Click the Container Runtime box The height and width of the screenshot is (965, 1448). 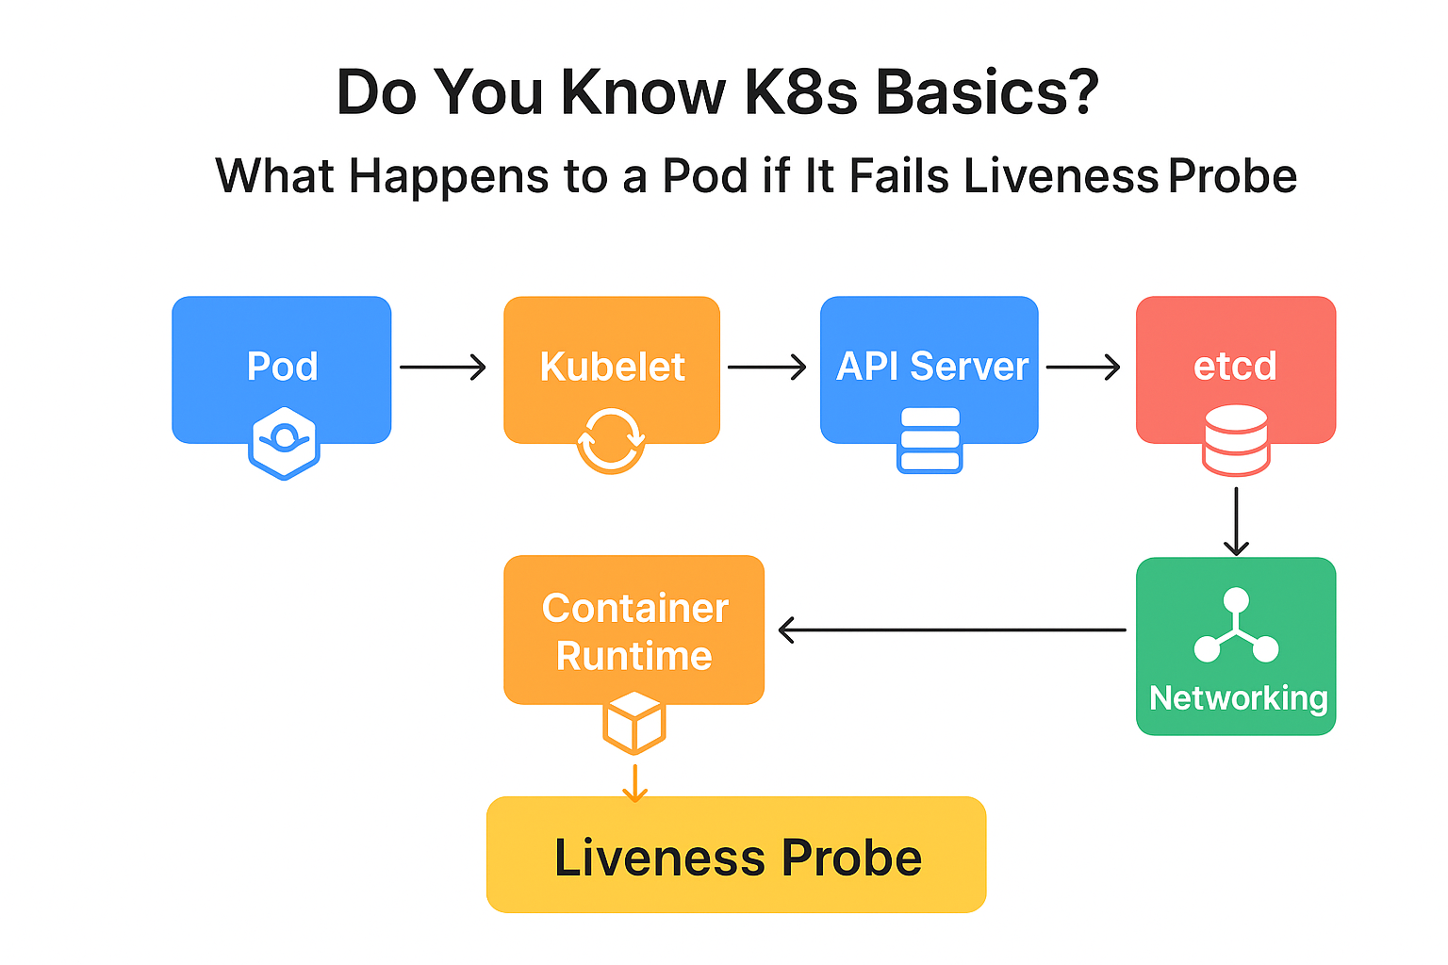click(x=633, y=630)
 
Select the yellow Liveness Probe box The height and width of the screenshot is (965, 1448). click(x=736, y=855)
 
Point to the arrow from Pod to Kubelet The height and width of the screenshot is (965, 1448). click(x=442, y=367)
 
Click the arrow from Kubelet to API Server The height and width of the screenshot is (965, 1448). click(x=766, y=367)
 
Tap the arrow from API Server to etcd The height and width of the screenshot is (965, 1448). click(x=1083, y=367)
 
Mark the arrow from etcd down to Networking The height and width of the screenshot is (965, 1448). click(x=1236, y=520)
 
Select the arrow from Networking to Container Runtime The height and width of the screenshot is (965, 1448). click(x=952, y=630)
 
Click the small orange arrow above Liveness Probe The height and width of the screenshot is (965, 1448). click(x=634, y=783)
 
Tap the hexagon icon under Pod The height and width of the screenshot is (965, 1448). click(x=284, y=443)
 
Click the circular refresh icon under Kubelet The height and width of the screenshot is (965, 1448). click(x=611, y=440)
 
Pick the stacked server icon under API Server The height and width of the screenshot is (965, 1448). click(x=930, y=440)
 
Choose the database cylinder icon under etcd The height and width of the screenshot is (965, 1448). click(x=1236, y=440)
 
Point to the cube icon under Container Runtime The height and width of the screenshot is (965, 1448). click(x=634, y=723)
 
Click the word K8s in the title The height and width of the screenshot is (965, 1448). click(x=800, y=92)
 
